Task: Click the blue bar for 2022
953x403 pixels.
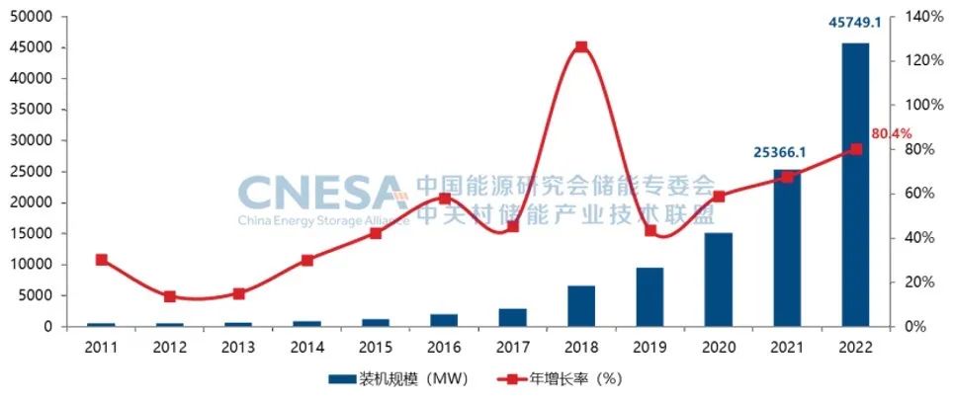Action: click(855, 185)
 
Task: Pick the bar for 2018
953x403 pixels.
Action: click(581, 305)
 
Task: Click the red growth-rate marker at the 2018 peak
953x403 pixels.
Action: click(581, 46)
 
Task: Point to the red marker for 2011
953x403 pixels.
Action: click(102, 260)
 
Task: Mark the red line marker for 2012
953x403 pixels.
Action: click(170, 296)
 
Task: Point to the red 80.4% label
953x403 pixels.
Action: click(891, 133)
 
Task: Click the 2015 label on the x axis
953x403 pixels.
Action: click(376, 347)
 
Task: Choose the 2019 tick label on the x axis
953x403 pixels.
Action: click(650, 347)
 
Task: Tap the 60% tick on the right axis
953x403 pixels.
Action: click(914, 194)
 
